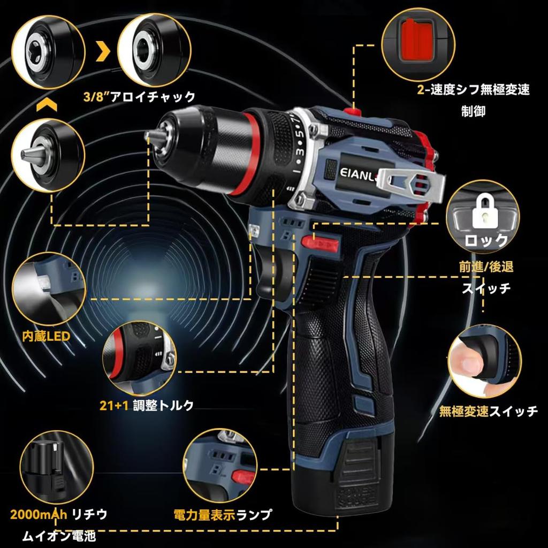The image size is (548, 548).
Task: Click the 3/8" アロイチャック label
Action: (139, 97)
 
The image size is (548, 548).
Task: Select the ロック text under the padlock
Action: (486, 240)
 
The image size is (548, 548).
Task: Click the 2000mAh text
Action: (39, 515)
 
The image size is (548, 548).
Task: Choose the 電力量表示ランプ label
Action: (223, 516)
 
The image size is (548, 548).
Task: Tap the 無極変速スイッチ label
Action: (488, 411)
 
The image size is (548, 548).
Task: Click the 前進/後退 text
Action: (485, 267)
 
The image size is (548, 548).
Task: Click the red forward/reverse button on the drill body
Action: (321, 243)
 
